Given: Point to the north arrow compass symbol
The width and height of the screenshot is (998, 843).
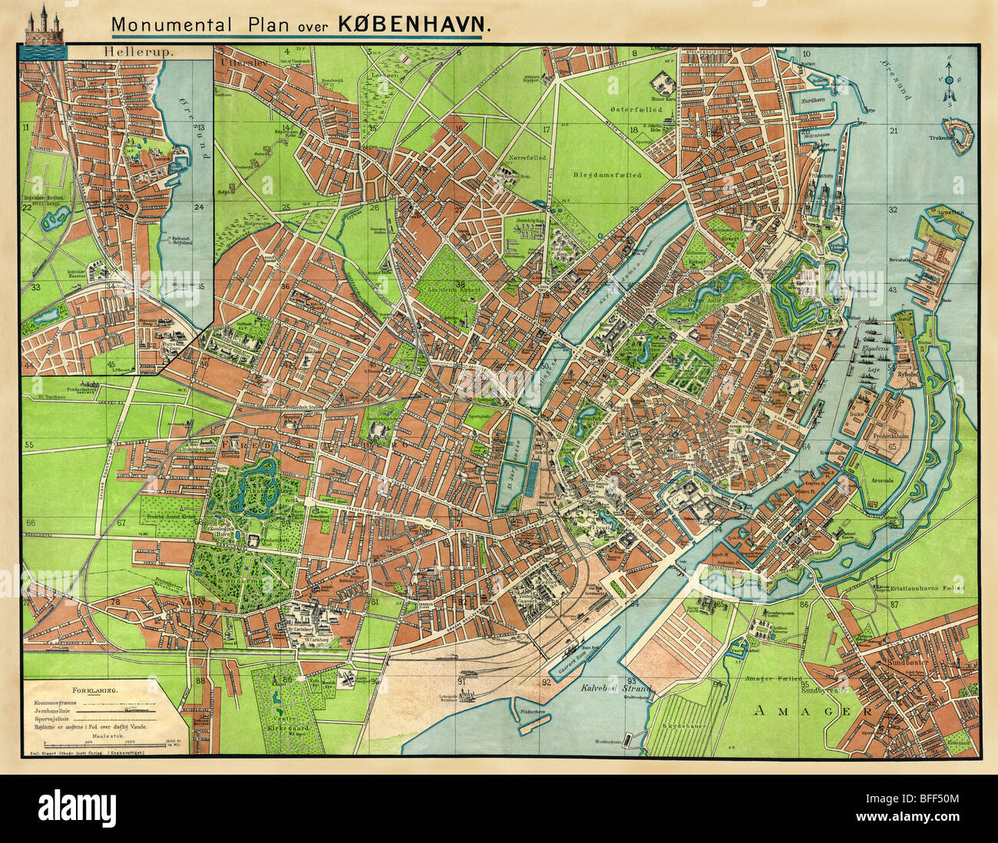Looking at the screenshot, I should (949, 80).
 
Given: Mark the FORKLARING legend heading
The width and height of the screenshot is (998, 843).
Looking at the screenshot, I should (94, 690).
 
